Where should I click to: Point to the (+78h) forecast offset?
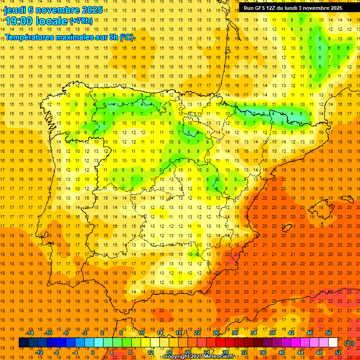pyautogui.click(x=81, y=21)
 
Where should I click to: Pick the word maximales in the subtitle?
pyautogui.click(x=79, y=37)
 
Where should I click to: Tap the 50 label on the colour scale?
pyautogui.click(x=329, y=333)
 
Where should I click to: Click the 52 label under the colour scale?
pyautogui.click(x=338, y=352)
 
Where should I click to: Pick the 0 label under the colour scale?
pyautogui.click(x=93, y=352)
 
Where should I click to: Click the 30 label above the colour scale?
pyautogui.click(x=234, y=333)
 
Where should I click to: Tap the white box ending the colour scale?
pyautogui.click(x=333, y=343)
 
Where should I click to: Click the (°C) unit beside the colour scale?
pyautogui.click(x=349, y=343)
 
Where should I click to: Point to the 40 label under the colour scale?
pyautogui.click(x=282, y=352)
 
